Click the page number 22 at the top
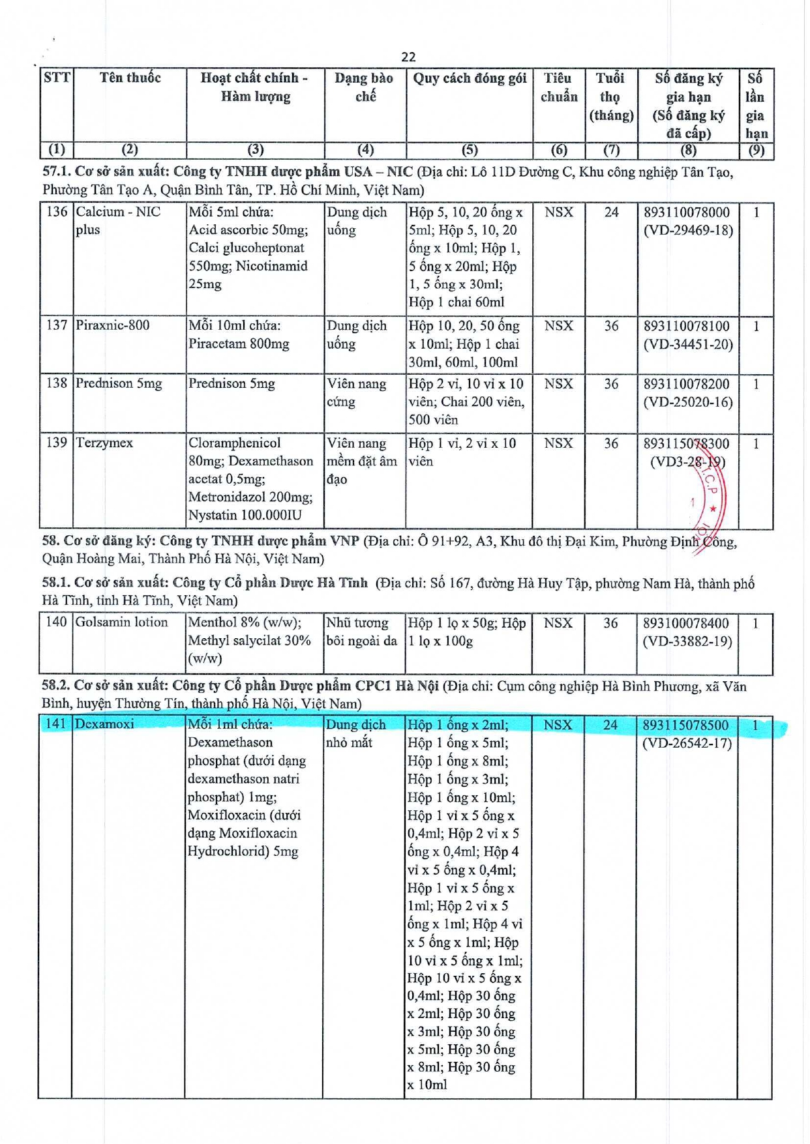408,57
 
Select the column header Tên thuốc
130,78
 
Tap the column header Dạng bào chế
364,87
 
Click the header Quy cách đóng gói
470,78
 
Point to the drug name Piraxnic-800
113,325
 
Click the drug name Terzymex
104,443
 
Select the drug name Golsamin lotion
121,622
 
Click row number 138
57,383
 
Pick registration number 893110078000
687,213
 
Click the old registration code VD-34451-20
688,344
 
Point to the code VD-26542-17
687,743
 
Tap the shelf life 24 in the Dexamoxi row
610,725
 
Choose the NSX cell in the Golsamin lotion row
558,623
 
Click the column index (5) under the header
470,150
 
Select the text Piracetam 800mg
239,344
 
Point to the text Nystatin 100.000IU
245,515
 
